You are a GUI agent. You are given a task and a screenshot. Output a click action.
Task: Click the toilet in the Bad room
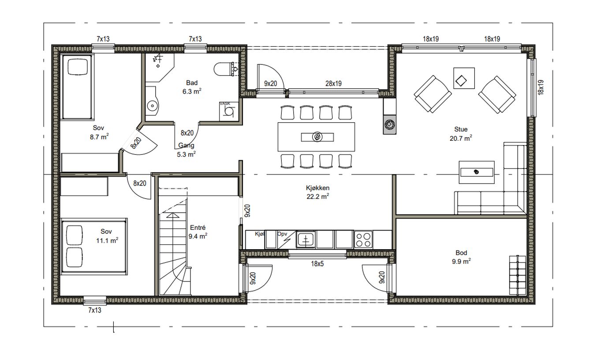click(x=225, y=69)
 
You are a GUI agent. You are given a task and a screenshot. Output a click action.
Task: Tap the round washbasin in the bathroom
click(x=153, y=106)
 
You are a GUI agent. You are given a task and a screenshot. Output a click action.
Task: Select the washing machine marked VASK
click(x=228, y=111)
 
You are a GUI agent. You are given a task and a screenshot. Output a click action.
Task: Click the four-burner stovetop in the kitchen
click(x=363, y=240)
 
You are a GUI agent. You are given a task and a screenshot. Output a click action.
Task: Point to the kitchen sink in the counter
click(x=306, y=239)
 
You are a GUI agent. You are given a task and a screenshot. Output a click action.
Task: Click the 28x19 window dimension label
click(x=333, y=84)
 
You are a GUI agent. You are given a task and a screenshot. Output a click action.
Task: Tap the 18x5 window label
click(x=317, y=264)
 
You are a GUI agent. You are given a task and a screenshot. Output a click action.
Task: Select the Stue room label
click(x=461, y=129)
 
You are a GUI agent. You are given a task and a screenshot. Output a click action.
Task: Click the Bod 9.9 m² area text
click(x=461, y=261)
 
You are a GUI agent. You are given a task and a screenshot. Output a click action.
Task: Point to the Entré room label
click(x=198, y=228)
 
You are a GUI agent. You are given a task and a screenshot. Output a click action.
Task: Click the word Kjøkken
click(x=318, y=188)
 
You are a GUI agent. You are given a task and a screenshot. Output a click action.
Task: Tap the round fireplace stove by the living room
click(x=389, y=124)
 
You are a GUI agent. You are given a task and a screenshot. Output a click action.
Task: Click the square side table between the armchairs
click(x=464, y=78)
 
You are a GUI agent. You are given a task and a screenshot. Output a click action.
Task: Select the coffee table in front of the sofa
click(x=477, y=172)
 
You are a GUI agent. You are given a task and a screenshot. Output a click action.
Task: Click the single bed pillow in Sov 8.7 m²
click(x=78, y=67)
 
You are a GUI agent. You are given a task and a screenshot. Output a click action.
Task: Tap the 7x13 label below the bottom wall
click(x=95, y=310)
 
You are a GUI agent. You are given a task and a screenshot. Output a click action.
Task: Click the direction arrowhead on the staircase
click(x=173, y=215)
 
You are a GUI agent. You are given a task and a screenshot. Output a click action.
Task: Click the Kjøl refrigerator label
click(x=259, y=234)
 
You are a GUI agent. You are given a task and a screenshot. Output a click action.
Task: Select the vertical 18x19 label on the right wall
click(x=541, y=87)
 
